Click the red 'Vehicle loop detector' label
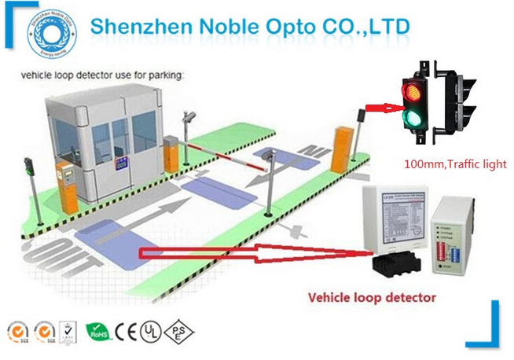click(x=372, y=298)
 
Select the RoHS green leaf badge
click(x=97, y=329)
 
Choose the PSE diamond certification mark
click(x=177, y=329)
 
